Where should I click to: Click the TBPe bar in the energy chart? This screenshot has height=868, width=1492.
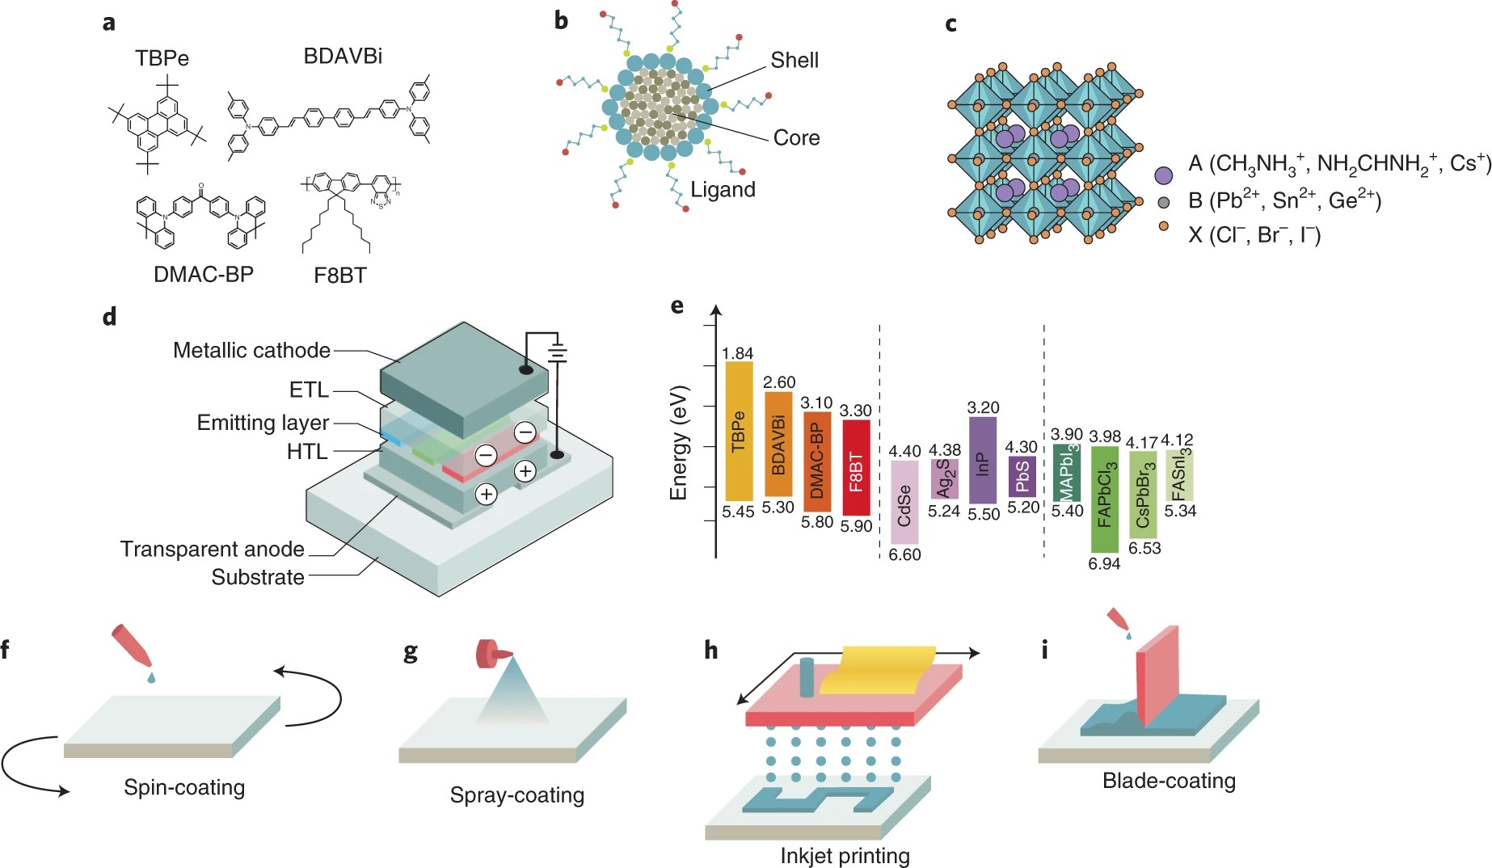(739, 431)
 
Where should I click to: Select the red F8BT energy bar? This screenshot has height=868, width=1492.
(856, 467)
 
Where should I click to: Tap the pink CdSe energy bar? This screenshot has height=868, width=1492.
(904, 502)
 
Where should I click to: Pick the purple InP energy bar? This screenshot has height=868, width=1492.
(982, 460)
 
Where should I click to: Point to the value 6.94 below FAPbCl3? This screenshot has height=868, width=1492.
(1104, 564)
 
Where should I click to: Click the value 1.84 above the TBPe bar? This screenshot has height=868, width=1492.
(737, 353)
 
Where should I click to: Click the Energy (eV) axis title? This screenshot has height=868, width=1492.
(679, 442)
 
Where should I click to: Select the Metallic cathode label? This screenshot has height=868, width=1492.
(251, 350)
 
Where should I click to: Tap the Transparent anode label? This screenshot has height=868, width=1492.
(213, 549)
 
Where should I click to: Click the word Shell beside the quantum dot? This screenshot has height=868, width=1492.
(794, 60)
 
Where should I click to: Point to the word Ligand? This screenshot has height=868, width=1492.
(723, 189)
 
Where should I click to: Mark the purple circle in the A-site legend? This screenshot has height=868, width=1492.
(1163, 175)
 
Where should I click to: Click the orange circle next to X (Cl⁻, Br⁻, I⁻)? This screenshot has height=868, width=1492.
(1164, 226)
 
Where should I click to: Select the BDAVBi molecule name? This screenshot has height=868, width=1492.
(343, 56)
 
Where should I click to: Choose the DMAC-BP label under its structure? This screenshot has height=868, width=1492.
(204, 274)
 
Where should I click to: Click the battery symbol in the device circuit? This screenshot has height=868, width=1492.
(557, 353)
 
